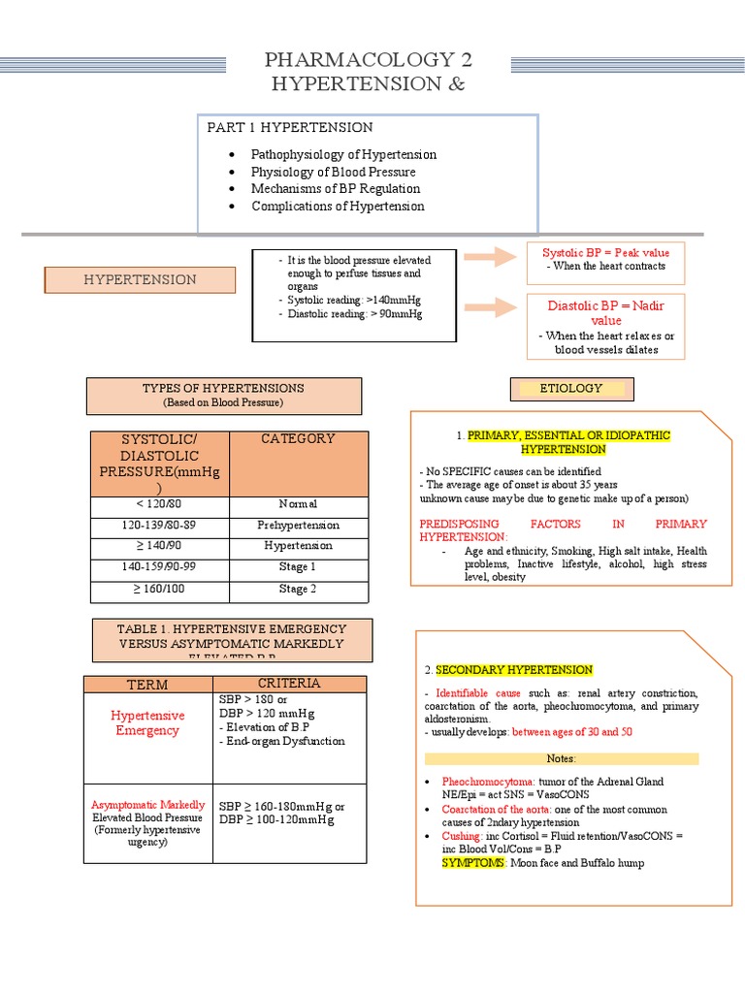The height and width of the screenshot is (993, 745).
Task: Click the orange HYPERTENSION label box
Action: (x=140, y=279)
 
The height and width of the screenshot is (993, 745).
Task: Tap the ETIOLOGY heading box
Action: (x=571, y=389)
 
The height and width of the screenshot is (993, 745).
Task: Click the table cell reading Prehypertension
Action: (x=298, y=525)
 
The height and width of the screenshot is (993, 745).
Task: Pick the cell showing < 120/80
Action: (x=160, y=504)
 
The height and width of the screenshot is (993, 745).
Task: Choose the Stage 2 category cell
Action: (x=298, y=589)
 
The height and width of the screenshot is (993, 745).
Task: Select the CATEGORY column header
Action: (x=298, y=439)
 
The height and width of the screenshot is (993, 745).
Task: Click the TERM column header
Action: (x=147, y=685)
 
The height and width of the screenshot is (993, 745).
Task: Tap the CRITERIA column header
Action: (x=289, y=684)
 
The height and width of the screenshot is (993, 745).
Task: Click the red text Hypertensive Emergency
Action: (x=147, y=723)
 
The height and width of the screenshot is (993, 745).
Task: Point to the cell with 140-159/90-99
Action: (x=160, y=566)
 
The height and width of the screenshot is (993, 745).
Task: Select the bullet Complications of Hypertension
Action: (x=338, y=206)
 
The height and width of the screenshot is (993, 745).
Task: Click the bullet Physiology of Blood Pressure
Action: (x=333, y=172)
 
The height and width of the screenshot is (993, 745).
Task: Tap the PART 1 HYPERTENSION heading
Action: (x=289, y=128)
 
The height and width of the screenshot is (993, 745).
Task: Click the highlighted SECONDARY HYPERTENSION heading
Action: (x=514, y=670)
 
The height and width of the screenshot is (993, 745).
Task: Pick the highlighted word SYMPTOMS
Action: (x=473, y=862)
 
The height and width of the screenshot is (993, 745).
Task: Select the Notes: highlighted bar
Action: (x=562, y=758)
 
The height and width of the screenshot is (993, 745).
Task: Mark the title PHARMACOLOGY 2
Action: (x=370, y=62)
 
